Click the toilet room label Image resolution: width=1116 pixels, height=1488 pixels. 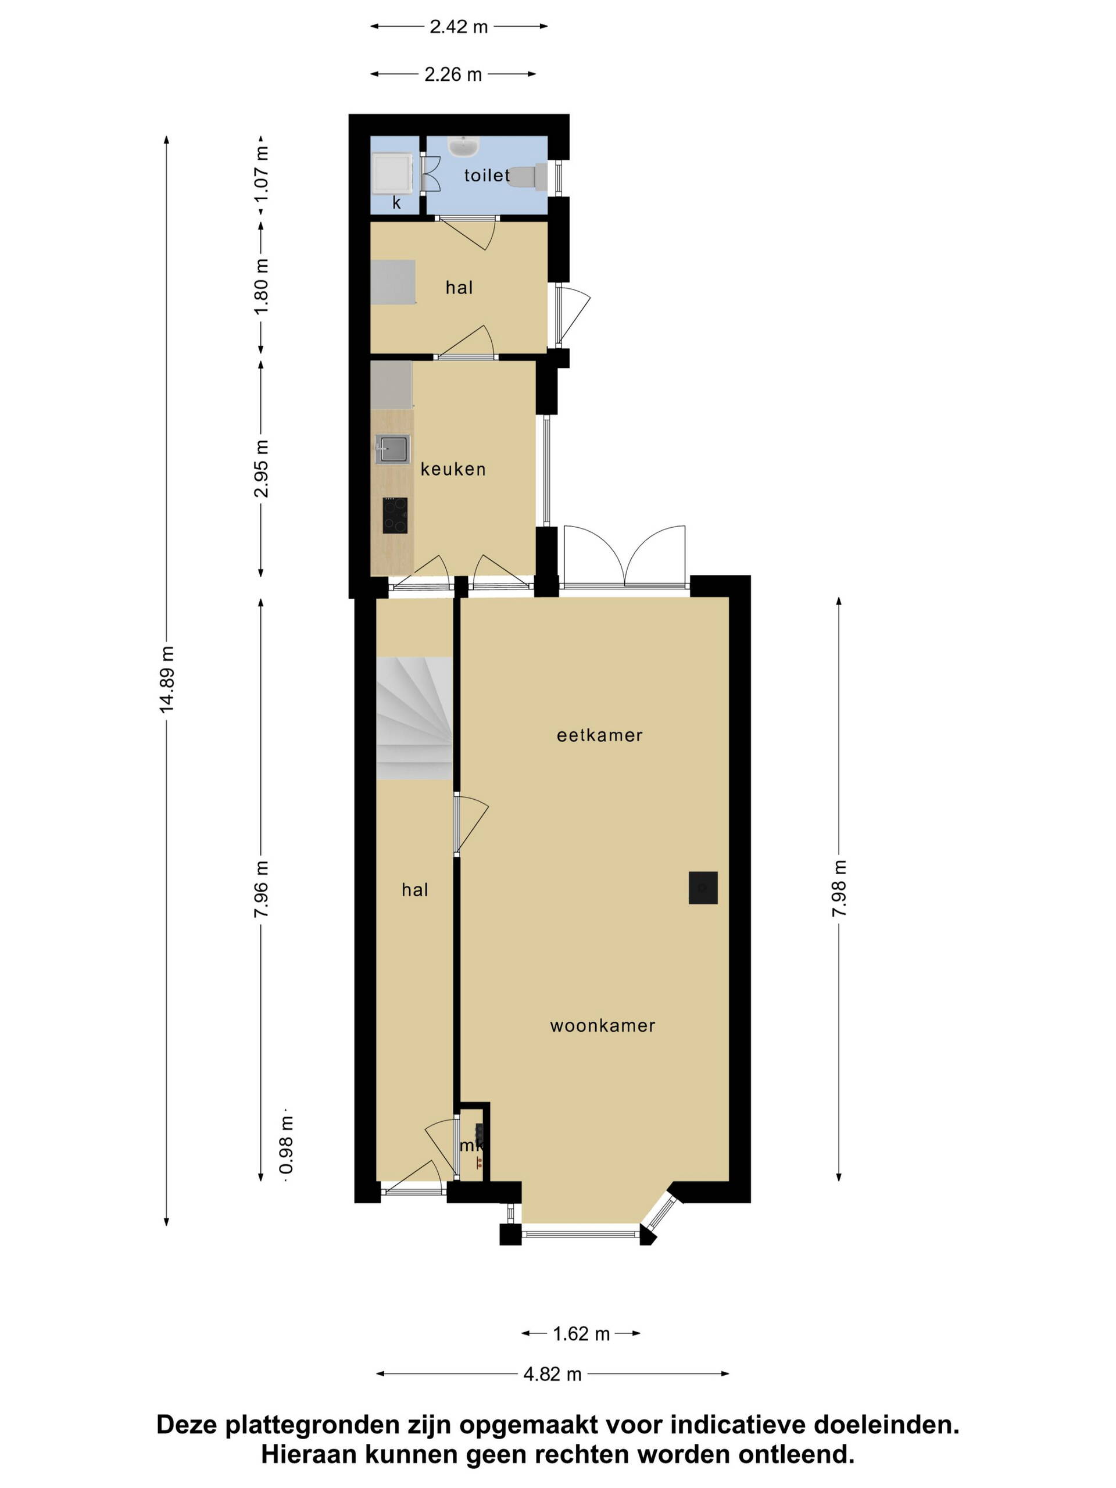pyautogui.click(x=487, y=176)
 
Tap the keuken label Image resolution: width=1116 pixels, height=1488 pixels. pyautogui.click(x=453, y=469)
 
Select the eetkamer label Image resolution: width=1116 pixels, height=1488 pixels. pyautogui.click(x=599, y=735)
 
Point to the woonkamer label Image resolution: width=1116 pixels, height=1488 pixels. pyautogui.click(x=602, y=1026)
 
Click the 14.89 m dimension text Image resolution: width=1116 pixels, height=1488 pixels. pyautogui.click(x=166, y=679)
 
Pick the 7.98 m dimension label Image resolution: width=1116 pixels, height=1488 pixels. pyautogui.click(x=839, y=888)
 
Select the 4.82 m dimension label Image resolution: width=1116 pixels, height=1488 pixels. pyautogui.click(x=552, y=1374)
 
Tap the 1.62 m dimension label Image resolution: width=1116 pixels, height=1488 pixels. pyautogui.click(x=581, y=1334)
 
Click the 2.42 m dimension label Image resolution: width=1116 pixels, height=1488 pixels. pyautogui.click(x=459, y=27)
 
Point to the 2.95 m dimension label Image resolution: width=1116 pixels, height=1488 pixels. pyautogui.click(x=261, y=469)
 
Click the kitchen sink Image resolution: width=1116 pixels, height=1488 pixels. pyautogui.click(x=392, y=449)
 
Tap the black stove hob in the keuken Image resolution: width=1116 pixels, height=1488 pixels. pyautogui.click(x=395, y=516)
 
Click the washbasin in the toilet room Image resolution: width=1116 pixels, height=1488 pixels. pyautogui.click(x=463, y=146)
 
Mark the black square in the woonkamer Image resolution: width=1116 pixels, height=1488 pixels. pyautogui.click(x=703, y=888)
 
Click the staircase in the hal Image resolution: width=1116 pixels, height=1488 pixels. pyautogui.click(x=414, y=718)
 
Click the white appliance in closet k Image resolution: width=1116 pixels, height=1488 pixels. pyautogui.click(x=393, y=172)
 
